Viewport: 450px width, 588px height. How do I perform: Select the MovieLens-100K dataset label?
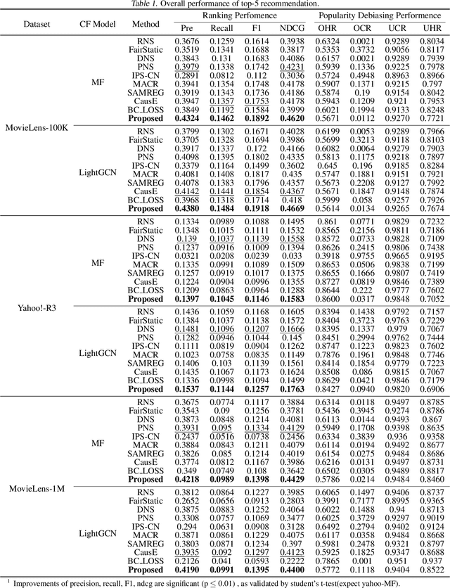tap(37, 127)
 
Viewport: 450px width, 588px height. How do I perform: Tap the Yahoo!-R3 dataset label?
tap(36, 308)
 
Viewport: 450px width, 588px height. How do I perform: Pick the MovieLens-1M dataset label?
tap(37, 488)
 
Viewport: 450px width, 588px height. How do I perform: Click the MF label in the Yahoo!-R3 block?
tap(98, 263)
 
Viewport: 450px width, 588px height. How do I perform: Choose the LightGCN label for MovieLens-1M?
tap(98, 533)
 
